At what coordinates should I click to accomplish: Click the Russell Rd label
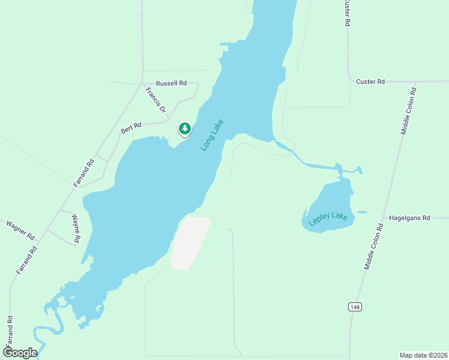[x=171, y=83]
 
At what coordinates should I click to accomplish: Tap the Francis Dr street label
[x=155, y=100]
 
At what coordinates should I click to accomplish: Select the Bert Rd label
[x=131, y=127]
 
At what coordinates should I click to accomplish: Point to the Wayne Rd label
[x=76, y=229]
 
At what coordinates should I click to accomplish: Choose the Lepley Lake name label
[x=328, y=219]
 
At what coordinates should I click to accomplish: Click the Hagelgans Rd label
[x=410, y=218]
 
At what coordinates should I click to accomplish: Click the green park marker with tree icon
[x=185, y=128]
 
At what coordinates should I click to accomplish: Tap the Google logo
[x=20, y=353]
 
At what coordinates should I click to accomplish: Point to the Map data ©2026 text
[x=423, y=355]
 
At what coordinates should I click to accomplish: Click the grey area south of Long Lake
[x=191, y=243]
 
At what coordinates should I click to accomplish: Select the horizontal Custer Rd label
[x=370, y=81]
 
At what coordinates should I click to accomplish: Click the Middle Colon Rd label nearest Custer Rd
[x=408, y=111]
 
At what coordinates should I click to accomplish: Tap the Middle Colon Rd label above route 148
[x=373, y=247]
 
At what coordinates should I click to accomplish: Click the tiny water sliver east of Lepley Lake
[x=362, y=212]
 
